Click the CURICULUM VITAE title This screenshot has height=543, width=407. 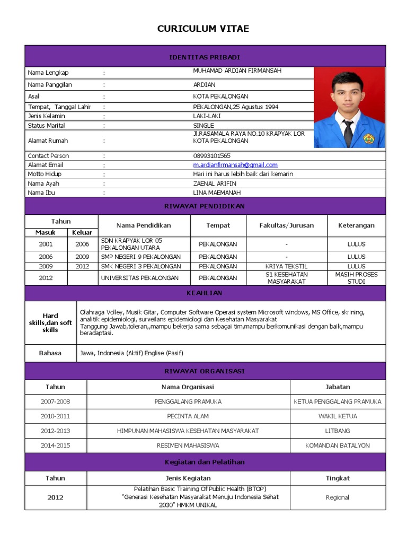(203, 29)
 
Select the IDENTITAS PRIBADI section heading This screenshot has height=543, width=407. (205, 57)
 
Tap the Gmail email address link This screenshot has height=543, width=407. (235, 165)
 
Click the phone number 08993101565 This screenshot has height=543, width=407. (212, 156)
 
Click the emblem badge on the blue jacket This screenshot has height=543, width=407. (368, 139)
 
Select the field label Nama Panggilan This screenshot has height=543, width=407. (50, 85)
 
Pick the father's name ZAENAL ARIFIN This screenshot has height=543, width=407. (215, 183)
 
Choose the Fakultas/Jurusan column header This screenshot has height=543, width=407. (286, 225)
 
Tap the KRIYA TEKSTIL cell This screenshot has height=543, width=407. (286, 266)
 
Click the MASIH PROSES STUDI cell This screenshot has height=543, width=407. (356, 278)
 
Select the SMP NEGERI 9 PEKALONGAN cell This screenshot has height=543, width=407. (140, 257)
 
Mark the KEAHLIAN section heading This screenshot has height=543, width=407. (205, 293)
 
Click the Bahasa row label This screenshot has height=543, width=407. (50, 353)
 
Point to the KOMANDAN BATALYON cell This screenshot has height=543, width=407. (338, 445)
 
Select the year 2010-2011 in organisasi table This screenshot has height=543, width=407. (55, 416)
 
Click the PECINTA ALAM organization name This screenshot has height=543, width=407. (188, 416)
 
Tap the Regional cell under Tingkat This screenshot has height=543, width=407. (338, 497)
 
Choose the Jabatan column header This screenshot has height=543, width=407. (338, 387)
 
